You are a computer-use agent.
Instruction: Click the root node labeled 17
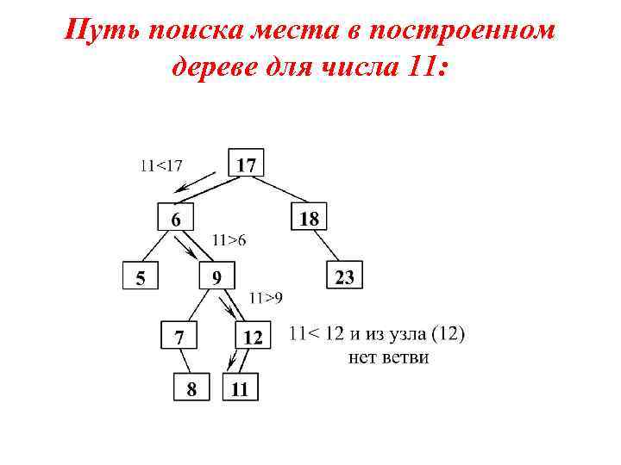[246, 163]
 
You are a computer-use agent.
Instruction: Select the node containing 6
[175, 219]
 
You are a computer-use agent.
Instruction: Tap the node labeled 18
[309, 218]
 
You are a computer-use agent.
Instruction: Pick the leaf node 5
[140, 276]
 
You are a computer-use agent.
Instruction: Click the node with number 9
[216, 276]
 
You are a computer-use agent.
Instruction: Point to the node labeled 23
[344, 276]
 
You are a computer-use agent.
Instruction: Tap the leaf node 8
[191, 388]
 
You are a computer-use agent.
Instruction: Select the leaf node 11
[240, 388]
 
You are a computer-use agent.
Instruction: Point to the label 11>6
[229, 240]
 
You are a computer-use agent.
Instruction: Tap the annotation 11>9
[266, 298]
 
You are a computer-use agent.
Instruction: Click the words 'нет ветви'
[388, 356]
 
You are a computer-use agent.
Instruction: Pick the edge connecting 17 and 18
[279, 190]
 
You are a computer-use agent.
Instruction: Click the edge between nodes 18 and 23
[328, 246]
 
